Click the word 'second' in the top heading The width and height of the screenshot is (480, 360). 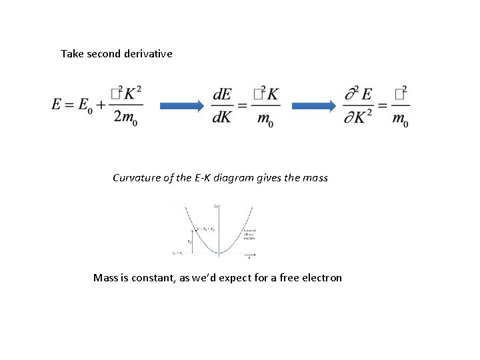pos(102,53)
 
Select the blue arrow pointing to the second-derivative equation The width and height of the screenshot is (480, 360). pos(313,105)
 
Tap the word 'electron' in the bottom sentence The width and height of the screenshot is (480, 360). pos(320,277)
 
